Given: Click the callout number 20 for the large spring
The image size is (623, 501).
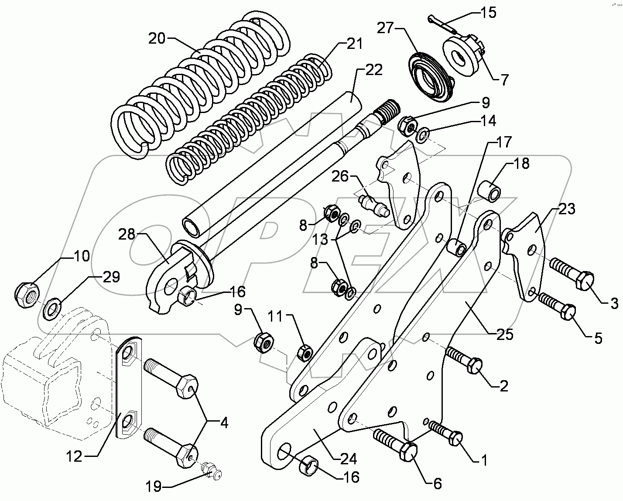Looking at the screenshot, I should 157,39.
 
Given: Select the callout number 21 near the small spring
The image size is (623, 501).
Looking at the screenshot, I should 355,45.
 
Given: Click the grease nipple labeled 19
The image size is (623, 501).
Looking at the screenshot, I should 212,472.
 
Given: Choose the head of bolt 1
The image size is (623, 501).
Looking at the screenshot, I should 455,438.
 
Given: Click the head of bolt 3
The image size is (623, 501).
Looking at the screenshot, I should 585,281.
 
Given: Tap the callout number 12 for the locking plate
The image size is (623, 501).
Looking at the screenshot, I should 74,456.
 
